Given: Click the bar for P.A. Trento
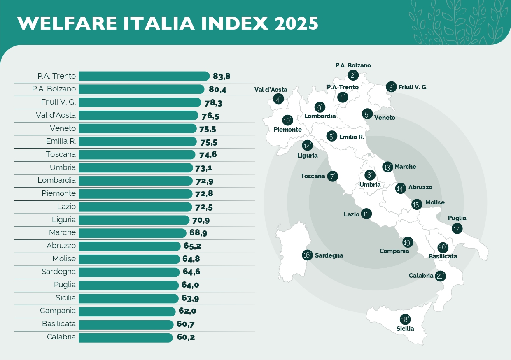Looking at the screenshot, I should (144, 76).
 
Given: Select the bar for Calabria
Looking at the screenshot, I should (126, 337).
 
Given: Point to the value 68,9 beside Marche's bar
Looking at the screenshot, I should (198, 233).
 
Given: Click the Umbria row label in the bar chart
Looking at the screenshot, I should (63, 167).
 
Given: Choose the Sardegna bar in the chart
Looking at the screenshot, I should (129, 272).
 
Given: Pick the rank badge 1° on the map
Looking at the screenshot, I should (342, 98).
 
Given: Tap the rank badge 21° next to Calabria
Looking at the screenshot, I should (441, 276).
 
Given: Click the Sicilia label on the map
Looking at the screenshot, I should (405, 329).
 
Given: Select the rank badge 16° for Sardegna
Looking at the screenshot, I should (307, 255).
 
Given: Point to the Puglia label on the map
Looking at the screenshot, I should (457, 218).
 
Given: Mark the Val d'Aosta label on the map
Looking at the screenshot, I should (271, 90).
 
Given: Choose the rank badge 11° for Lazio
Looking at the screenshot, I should (366, 214).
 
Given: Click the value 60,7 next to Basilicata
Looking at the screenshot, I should (186, 325).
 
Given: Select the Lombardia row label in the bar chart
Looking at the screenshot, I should (56, 180).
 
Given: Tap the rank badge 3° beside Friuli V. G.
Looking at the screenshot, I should (392, 87).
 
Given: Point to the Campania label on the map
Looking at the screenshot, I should (394, 251).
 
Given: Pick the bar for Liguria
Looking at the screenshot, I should (134, 220).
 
